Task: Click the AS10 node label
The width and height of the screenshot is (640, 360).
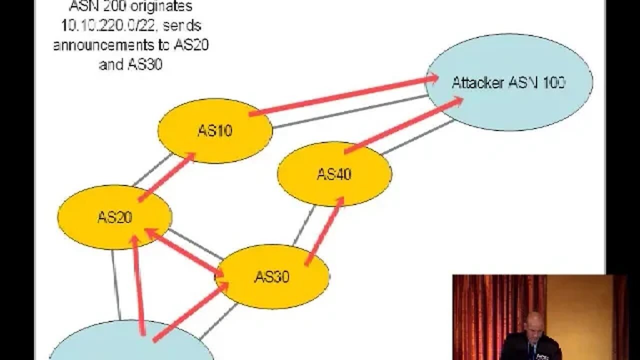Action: pyautogui.click(x=214, y=131)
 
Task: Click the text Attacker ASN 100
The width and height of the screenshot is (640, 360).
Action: pyautogui.click(x=508, y=82)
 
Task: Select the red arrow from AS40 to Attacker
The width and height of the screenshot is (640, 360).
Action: pyautogui.click(x=402, y=125)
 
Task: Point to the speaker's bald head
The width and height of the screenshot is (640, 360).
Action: pyautogui.click(x=534, y=323)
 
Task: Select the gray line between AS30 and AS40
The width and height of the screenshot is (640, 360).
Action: pyautogui.click(x=303, y=225)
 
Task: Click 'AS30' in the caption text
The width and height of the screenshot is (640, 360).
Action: pyautogui.click(x=144, y=64)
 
